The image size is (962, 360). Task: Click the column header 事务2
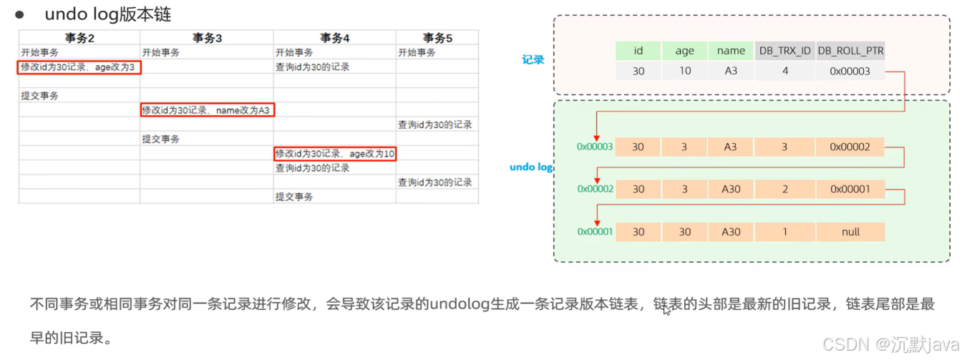coord(79,38)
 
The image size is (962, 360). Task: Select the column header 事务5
coord(437,38)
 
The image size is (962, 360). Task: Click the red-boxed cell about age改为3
coord(79,67)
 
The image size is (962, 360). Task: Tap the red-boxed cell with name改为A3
coord(207,110)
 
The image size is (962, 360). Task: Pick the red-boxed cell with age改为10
coord(335,154)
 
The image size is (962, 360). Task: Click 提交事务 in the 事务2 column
coord(40,96)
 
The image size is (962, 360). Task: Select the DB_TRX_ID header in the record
coord(784,51)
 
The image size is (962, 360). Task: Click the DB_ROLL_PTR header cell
coord(850,51)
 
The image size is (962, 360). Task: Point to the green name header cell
coord(731,51)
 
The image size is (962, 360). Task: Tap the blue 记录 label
coord(533,60)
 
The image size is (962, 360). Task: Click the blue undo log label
coord(530,167)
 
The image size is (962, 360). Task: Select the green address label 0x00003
coord(595,147)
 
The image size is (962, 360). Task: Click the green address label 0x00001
coord(595,232)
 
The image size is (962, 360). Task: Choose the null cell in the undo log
coord(850,232)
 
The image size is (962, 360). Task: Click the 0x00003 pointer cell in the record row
coord(850,72)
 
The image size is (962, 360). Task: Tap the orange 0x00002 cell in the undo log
coord(850,147)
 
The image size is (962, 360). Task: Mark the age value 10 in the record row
coord(684,72)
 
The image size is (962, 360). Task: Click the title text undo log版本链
coord(108,14)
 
